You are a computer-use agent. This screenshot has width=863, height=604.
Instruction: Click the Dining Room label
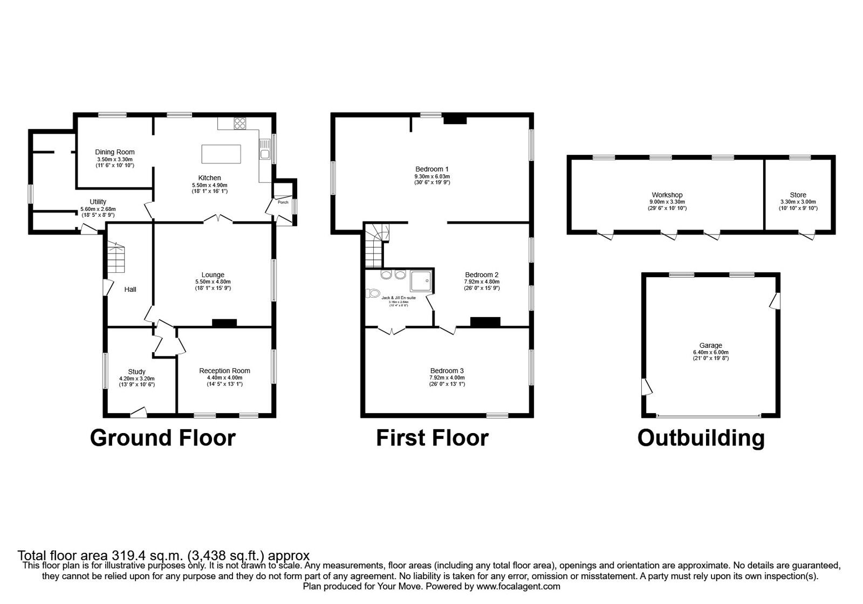point(114,152)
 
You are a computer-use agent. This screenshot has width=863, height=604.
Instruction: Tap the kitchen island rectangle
point(221,154)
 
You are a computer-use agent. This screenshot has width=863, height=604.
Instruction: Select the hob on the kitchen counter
point(239,123)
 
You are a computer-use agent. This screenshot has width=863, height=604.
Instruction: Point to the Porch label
point(283,203)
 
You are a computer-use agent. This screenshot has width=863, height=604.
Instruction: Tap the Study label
point(136,372)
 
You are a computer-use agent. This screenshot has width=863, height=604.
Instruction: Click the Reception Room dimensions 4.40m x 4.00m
point(224,377)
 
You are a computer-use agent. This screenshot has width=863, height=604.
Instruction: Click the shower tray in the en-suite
point(421,282)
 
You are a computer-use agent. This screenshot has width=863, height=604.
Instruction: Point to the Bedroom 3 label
point(447,370)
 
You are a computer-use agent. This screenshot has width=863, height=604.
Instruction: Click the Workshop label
point(667,195)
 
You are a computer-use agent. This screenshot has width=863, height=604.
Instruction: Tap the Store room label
point(798,195)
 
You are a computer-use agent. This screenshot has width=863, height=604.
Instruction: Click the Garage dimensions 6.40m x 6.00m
point(710,352)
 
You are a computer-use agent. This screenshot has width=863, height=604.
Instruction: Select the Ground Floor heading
point(162,438)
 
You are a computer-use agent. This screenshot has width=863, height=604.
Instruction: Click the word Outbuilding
point(701,438)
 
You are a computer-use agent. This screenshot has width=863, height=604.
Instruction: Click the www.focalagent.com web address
point(518,586)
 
